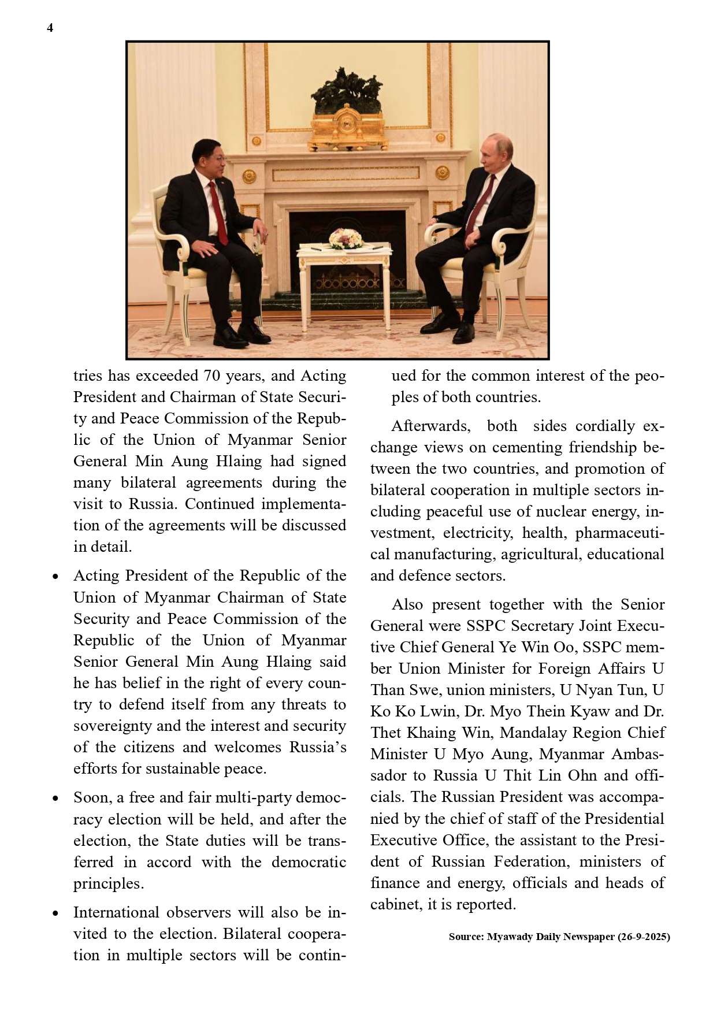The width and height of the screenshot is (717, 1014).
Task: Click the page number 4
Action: [50, 28]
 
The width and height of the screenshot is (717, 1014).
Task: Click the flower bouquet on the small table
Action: [345, 238]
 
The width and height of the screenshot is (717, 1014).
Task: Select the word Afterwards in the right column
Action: [430, 426]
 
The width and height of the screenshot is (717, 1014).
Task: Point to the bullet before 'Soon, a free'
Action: [55, 798]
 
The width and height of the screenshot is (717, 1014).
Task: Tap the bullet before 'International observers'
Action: [55, 913]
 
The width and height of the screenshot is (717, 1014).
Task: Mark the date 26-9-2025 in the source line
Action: [644, 937]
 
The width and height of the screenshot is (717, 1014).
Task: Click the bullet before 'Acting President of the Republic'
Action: [55, 577]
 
